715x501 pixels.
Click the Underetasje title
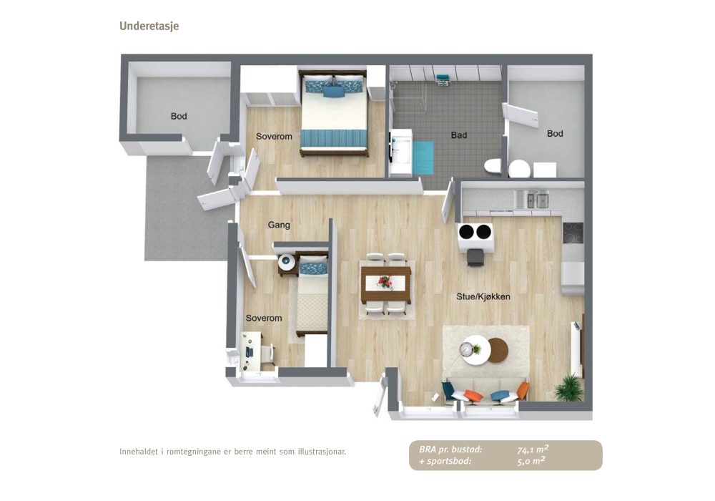149,26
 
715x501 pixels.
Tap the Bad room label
459,135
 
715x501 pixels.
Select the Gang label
279,225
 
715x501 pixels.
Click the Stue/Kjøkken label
483,296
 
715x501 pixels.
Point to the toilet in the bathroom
493,166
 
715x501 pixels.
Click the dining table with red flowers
386,284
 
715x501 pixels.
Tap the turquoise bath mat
423,157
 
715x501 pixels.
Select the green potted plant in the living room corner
569,387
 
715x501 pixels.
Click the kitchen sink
536,200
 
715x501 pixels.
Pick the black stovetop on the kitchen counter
573,233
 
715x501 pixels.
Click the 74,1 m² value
533,449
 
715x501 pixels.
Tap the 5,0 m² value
531,461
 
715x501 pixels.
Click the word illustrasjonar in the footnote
322,452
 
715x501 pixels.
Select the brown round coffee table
498,350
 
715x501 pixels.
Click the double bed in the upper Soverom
334,113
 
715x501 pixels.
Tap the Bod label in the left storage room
179,117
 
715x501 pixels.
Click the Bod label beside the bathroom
555,134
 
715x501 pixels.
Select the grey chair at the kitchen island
475,258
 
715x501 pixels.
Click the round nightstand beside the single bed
287,263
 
